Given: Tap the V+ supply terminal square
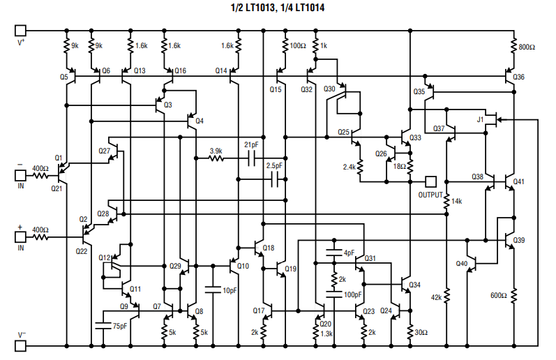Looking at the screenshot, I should click(20, 31).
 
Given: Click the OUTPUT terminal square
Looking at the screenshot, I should click(431, 181).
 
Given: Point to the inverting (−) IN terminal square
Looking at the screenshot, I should click(20, 168).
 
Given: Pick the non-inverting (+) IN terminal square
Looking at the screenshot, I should click(20, 237).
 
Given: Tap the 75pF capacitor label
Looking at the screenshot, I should click(119, 326).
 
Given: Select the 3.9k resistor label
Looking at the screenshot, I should click(216, 150).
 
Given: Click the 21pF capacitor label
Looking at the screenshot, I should click(251, 144).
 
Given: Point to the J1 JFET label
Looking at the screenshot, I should click(479, 119).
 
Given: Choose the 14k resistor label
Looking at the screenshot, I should click(458, 201).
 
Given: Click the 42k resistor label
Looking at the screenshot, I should click(436, 297).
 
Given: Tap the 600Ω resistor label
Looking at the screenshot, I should click(498, 296).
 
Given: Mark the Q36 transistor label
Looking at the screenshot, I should click(518, 77).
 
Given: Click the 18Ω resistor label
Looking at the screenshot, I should click(399, 167).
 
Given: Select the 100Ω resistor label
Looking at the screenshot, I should click(298, 46).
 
